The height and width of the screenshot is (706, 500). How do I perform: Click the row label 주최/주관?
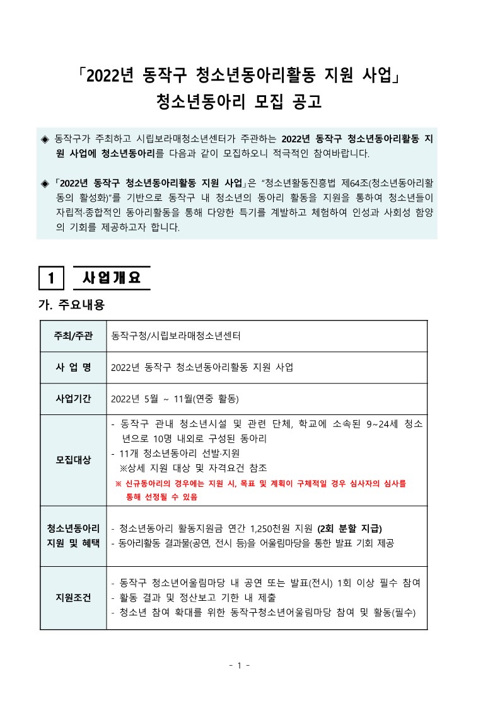74,336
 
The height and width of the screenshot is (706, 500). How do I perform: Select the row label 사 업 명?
74,367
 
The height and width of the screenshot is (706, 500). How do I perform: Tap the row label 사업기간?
74,399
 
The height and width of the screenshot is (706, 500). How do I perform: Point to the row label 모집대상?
74,460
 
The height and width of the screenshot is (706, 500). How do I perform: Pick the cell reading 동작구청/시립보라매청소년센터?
176,336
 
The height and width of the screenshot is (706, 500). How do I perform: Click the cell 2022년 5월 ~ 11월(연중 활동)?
175,399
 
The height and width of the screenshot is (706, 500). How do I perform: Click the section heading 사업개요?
112,277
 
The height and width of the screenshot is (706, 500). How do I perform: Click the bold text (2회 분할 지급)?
350,528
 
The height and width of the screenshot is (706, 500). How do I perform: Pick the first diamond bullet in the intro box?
44,138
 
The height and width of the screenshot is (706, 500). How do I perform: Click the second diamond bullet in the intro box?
44,183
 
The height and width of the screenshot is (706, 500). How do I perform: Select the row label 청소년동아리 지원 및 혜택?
74,535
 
